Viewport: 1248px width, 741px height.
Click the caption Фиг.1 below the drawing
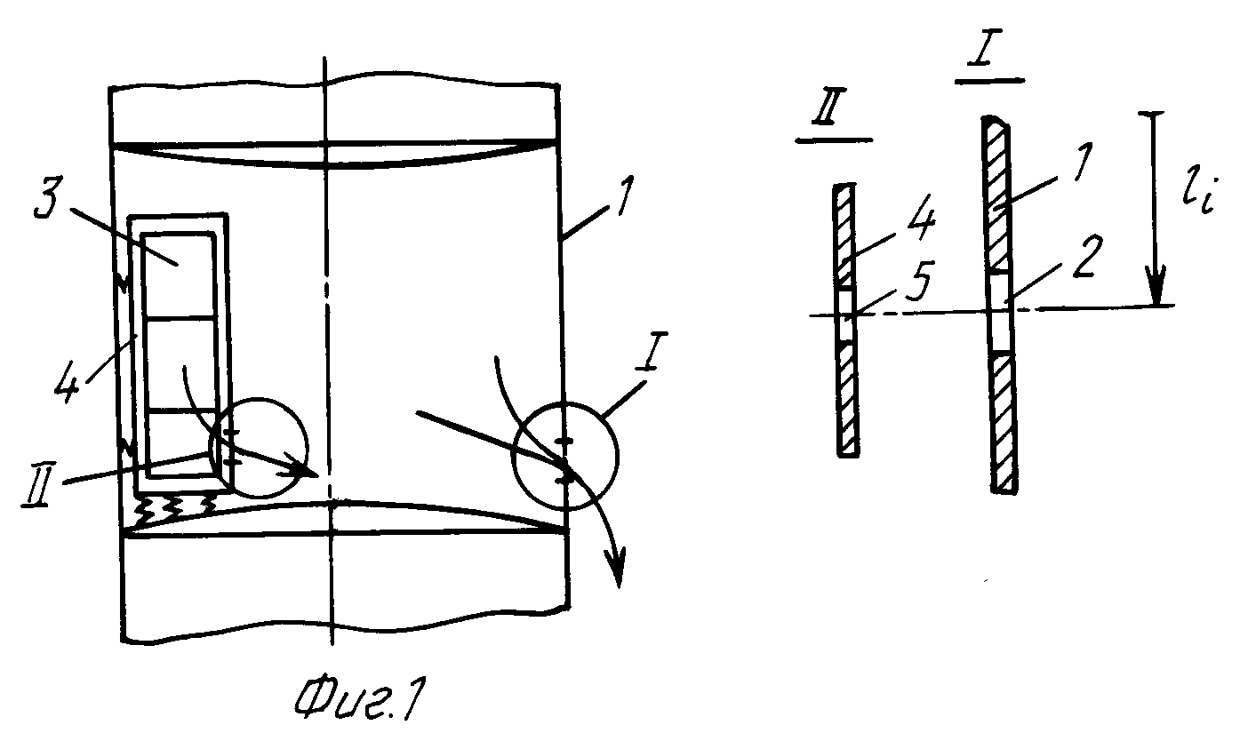click(359, 700)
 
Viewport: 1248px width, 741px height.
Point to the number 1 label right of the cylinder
click(624, 196)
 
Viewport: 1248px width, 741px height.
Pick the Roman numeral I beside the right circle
click(652, 352)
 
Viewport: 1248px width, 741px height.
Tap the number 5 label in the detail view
click(919, 281)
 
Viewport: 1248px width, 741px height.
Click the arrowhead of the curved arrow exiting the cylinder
click(618, 567)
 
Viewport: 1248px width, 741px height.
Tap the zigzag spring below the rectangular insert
click(172, 508)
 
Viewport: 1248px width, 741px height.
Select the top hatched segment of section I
click(996, 194)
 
